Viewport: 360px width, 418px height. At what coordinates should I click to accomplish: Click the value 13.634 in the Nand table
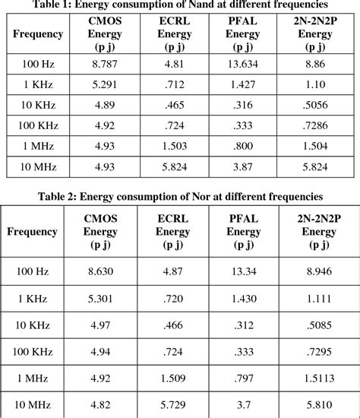[x=243, y=65]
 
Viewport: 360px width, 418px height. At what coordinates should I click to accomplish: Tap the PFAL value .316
[x=243, y=105]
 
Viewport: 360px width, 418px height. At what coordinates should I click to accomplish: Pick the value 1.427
[x=243, y=85]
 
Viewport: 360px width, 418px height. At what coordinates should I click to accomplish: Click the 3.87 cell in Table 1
[x=243, y=164]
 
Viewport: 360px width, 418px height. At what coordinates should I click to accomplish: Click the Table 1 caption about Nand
[x=179, y=5]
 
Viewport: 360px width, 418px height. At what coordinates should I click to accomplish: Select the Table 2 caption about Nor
[x=179, y=198]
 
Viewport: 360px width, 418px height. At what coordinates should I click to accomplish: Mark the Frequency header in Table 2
[x=33, y=231]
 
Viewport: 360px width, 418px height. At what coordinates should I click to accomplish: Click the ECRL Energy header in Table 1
[x=173, y=34]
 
